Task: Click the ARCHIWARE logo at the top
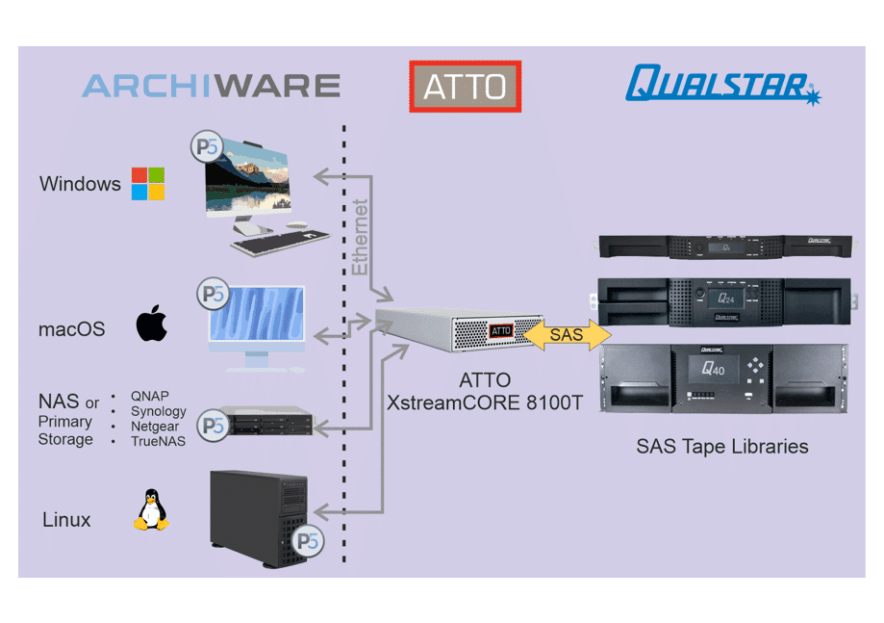(211, 86)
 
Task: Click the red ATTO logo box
(465, 87)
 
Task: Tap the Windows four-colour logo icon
(148, 183)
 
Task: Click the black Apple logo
(151, 324)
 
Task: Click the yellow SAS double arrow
(567, 335)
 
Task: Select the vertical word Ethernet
(361, 237)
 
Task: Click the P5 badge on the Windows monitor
(206, 147)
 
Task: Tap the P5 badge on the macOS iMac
(213, 295)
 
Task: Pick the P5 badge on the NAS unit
(212, 424)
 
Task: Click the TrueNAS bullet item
(158, 441)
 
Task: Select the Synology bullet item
(158, 411)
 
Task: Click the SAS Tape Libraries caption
(721, 447)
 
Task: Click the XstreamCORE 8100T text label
(485, 402)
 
